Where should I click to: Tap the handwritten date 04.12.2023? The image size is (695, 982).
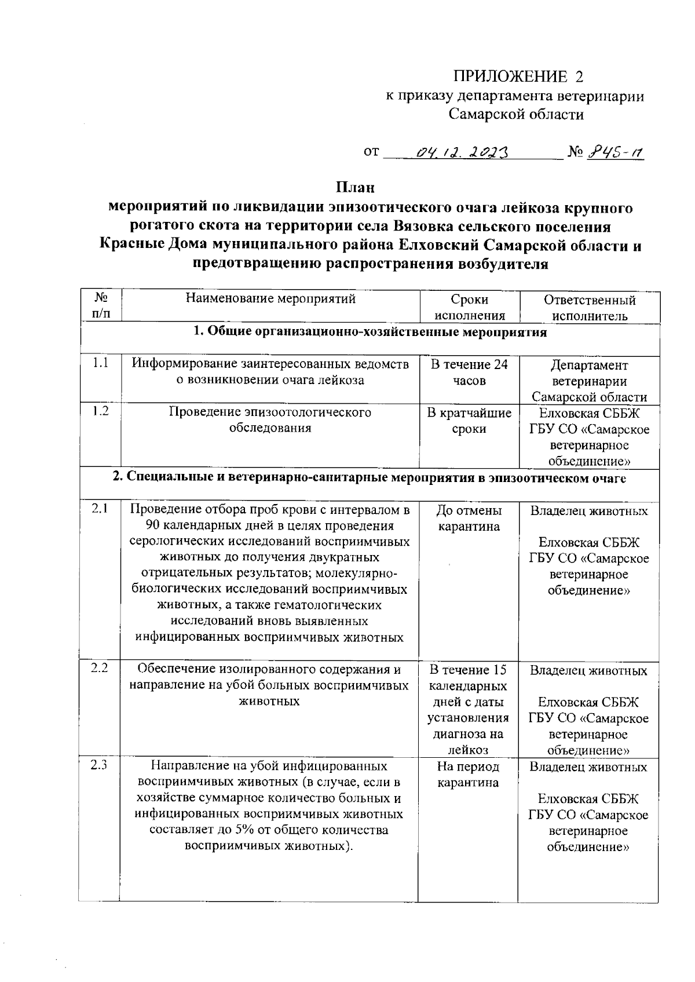tap(462, 153)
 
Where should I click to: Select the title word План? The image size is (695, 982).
tap(355, 188)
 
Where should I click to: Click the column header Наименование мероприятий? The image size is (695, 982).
tap(270, 300)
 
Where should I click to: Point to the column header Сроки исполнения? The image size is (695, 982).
tap(469, 308)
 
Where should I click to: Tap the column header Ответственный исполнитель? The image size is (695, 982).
tap(589, 308)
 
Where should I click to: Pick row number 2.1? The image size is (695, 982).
tap(100, 509)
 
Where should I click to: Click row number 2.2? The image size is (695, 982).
tap(100, 669)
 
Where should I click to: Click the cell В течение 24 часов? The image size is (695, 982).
tap(469, 373)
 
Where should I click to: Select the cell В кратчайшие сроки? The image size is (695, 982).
tap(469, 421)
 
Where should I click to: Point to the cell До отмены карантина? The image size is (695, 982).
tap(469, 519)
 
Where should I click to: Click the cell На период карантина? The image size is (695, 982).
tap(468, 775)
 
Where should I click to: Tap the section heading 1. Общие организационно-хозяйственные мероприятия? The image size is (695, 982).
tap(370, 333)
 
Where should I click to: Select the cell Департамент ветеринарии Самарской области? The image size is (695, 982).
tap(589, 381)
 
